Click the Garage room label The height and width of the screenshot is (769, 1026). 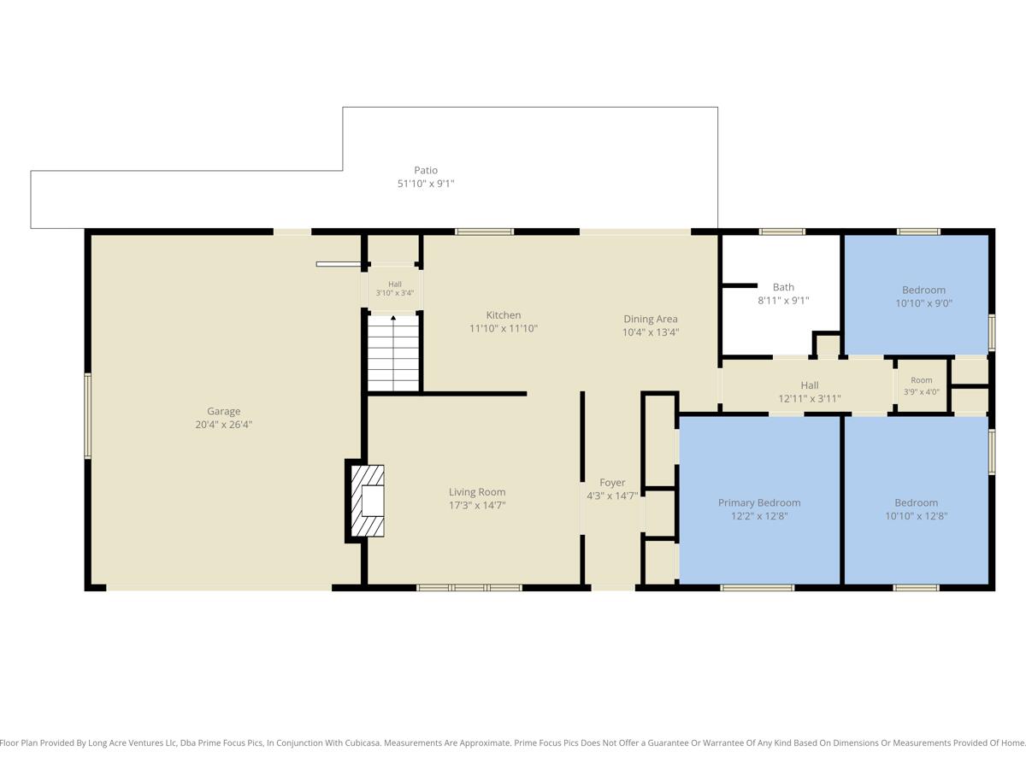[x=223, y=411]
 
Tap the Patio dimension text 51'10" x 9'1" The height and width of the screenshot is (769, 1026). [x=426, y=184]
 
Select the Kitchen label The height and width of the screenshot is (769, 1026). [x=504, y=315]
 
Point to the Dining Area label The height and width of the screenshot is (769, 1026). [x=650, y=319]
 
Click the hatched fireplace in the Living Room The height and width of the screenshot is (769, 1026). [x=368, y=501]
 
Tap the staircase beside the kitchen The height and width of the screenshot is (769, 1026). [x=393, y=354]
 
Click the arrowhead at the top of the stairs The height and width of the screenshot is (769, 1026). [x=393, y=318]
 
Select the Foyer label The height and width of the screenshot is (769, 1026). [x=612, y=482]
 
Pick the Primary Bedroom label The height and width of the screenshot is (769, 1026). [x=759, y=503]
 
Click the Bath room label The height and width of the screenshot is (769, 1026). [x=783, y=287]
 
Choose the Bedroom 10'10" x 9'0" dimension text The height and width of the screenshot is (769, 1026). [x=923, y=303]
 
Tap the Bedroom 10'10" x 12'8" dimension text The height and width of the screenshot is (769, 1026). [x=917, y=516]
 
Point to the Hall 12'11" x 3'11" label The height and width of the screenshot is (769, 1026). [x=810, y=391]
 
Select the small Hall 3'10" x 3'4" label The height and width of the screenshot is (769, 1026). [x=395, y=289]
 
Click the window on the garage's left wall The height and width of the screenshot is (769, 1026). [x=87, y=415]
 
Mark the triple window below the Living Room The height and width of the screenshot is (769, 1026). [x=469, y=587]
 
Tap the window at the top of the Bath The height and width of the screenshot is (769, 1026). [x=782, y=232]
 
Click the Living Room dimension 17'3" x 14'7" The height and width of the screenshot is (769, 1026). [x=477, y=505]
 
